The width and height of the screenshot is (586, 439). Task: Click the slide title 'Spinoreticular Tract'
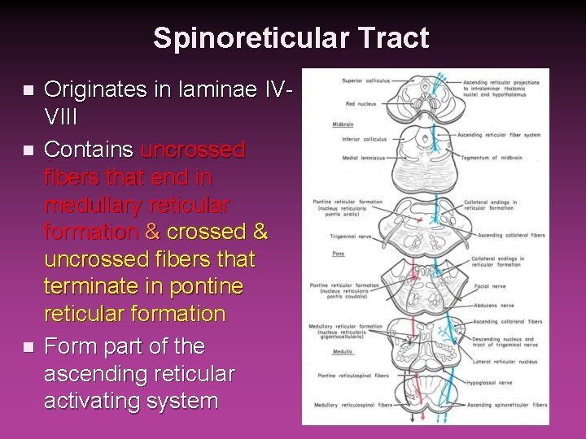[291, 38]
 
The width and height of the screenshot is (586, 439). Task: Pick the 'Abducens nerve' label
[492, 306]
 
